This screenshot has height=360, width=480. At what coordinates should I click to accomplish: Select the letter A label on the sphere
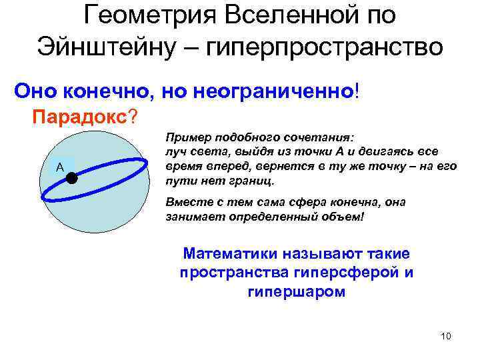pyautogui.click(x=59, y=168)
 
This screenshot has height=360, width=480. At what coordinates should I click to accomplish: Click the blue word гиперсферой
pyautogui.click(x=356, y=273)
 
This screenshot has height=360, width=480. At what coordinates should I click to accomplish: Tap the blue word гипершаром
pyautogui.click(x=296, y=292)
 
